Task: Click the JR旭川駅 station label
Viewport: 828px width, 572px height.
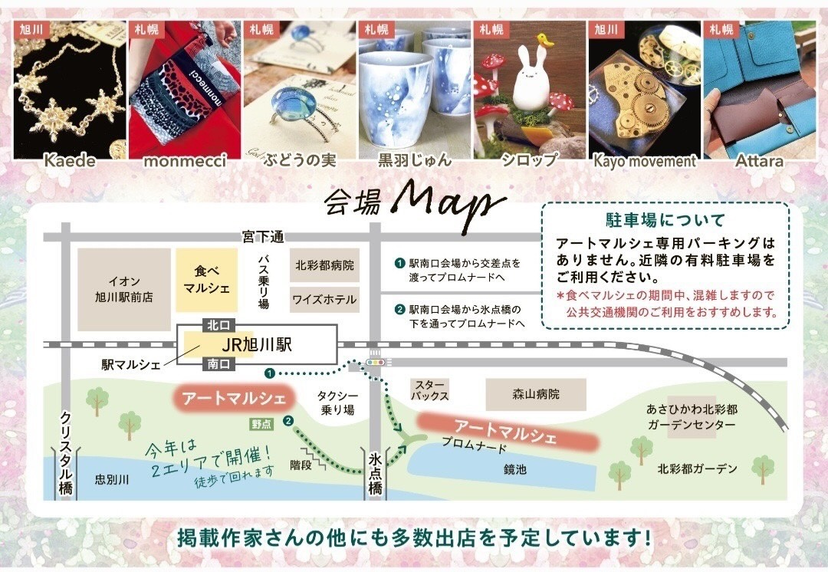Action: pyautogui.click(x=257, y=345)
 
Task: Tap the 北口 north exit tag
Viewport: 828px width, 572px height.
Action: pyautogui.click(x=218, y=325)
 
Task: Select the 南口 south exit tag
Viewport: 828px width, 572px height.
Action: pyautogui.click(x=218, y=364)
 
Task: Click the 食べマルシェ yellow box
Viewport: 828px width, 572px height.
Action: pyautogui.click(x=206, y=280)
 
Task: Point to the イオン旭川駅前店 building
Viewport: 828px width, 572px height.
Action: pyautogui.click(x=124, y=289)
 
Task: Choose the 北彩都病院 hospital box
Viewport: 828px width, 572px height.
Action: pyautogui.click(x=325, y=265)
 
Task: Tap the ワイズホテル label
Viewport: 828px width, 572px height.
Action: pyautogui.click(x=325, y=300)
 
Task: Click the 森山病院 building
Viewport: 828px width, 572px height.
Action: pyautogui.click(x=536, y=394)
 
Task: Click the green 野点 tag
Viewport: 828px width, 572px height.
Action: pyautogui.click(x=261, y=423)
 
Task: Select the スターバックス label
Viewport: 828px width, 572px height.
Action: pyautogui.click(x=430, y=390)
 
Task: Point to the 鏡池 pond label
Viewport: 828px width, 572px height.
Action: pyautogui.click(x=515, y=469)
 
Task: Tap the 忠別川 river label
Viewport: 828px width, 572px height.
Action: pyautogui.click(x=111, y=479)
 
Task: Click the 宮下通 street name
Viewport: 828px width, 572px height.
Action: pyautogui.click(x=263, y=237)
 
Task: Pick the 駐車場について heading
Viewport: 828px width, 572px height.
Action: pyautogui.click(x=665, y=220)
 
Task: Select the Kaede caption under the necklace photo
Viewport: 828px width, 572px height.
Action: pyautogui.click(x=70, y=160)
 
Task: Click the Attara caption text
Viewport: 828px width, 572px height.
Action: pyautogui.click(x=759, y=160)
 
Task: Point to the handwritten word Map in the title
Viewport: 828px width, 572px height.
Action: pyautogui.click(x=449, y=203)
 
